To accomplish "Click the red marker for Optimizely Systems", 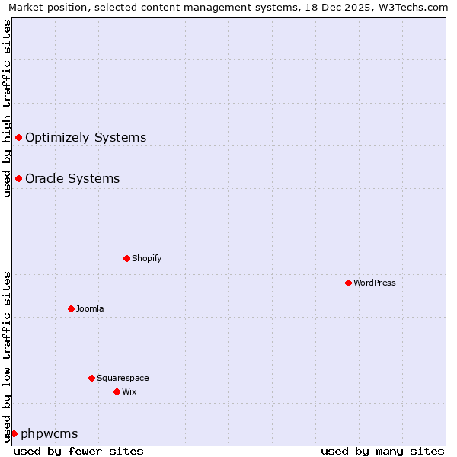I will point(18,137).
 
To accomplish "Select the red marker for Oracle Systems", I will point(18,178).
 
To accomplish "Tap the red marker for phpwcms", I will point(14,433).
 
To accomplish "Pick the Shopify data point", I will point(126,258).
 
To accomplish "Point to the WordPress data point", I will point(348,283).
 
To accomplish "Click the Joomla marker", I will point(71,308).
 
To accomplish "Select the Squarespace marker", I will point(91,378).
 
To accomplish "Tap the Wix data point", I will point(117,391).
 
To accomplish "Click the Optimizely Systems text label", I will point(85,138).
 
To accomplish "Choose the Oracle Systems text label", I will point(72,179).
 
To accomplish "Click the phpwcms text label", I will point(49,434).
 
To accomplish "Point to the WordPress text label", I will point(375,283).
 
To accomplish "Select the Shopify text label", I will point(147,258).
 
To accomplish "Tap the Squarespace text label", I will point(123,378).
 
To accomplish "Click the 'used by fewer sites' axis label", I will point(78,451).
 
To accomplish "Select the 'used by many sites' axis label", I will point(382,451).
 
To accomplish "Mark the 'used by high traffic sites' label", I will point(7,108).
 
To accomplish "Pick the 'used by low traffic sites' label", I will point(7,356).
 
